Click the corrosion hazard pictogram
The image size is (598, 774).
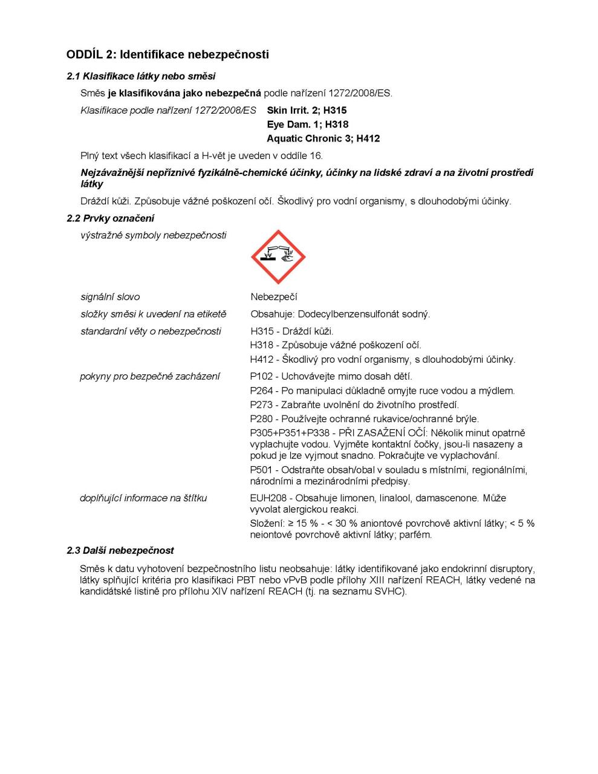tap(278, 257)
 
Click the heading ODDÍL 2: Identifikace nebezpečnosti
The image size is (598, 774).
tap(167, 54)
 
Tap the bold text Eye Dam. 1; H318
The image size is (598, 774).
tap(307, 125)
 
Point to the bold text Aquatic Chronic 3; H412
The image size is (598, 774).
tap(323, 138)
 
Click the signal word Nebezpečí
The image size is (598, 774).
tap(274, 297)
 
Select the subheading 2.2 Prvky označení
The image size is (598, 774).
tap(110, 218)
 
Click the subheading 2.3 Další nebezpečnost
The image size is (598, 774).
tap(120, 550)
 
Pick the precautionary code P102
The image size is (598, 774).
tap(261, 376)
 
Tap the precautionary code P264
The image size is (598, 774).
tap(261, 391)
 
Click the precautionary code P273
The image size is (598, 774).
tap(261, 405)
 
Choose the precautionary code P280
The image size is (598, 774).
tap(261, 418)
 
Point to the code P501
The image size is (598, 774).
tap(261, 470)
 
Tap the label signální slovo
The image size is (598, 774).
tap(110, 297)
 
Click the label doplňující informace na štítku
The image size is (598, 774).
tap(143, 498)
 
